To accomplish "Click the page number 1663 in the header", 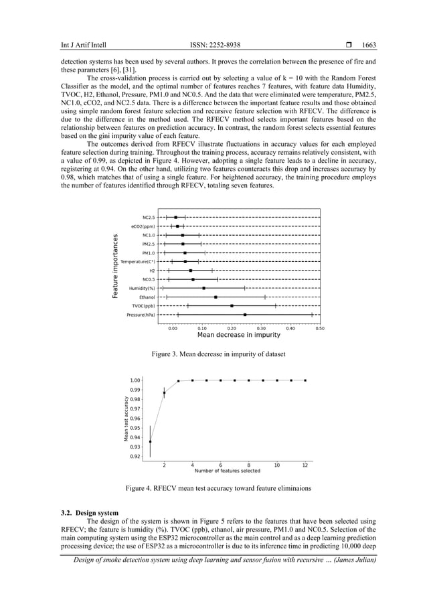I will click(x=369, y=45).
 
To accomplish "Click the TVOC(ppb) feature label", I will click(x=142, y=305).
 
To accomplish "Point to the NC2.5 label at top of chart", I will click(x=148, y=218).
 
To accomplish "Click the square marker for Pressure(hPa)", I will click(x=245, y=314).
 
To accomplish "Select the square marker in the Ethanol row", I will click(x=216, y=297).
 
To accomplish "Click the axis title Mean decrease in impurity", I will click(x=238, y=335).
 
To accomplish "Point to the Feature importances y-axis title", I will click(x=115, y=266).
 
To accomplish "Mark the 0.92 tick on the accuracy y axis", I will click(x=135, y=457).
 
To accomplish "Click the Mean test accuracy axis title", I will click(x=125, y=419).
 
